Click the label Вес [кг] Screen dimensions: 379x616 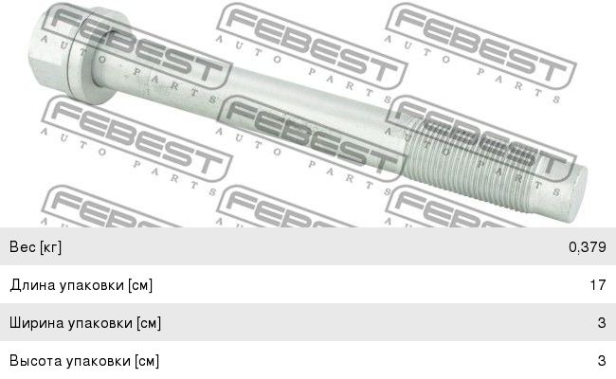(x=35, y=247)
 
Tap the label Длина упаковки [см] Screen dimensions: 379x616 (x=81, y=285)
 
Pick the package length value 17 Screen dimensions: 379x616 (x=598, y=285)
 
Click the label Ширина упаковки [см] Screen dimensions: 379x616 (x=84, y=323)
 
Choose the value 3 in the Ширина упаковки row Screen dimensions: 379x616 (x=602, y=323)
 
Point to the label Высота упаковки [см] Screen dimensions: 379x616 (x=83, y=361)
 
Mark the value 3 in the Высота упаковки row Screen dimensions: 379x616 (x=602, y=361)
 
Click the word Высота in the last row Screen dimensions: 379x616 (x=34, y=361)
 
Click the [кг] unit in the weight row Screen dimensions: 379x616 (x=48, y=247)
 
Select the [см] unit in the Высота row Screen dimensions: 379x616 (x=146, y=361)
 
